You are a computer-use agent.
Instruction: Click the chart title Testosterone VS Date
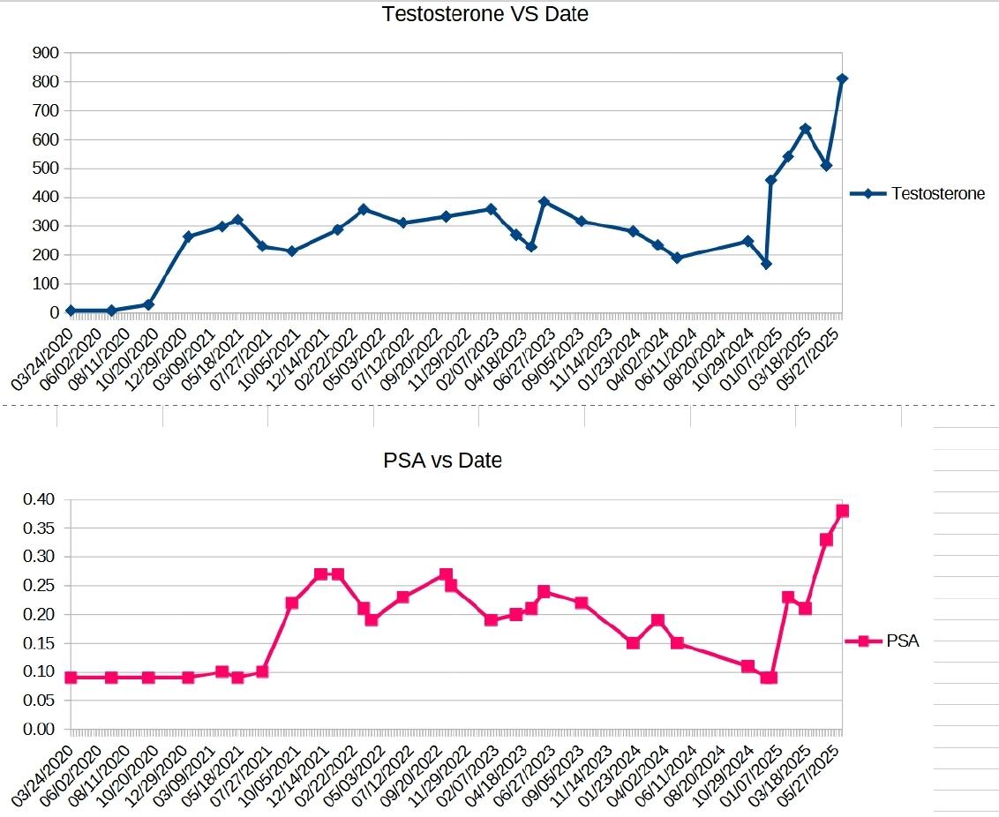[x=484, y=14]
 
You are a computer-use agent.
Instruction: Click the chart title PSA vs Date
[x=442, y=460]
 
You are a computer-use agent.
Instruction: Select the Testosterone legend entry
[x=937, y=193]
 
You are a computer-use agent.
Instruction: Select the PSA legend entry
[x=902, y=641]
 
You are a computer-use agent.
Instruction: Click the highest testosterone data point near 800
[x=842, y=79]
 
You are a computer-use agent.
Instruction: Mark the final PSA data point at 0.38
[x=842, y=511]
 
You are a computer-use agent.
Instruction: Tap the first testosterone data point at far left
[x=71, y=311]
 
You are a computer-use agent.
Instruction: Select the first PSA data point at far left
[x=71, y=678]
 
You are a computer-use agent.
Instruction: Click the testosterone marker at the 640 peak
[x=805, y=129]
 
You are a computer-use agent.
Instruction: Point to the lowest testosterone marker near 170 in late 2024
[x=766, y=264]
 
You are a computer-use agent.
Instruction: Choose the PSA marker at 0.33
[x=826, y=540]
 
